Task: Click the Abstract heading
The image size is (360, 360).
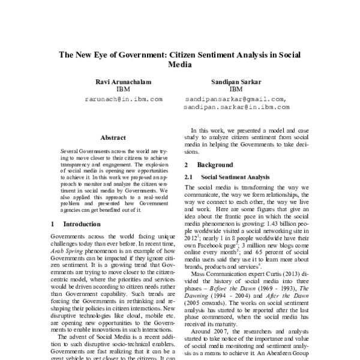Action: pos(112,137)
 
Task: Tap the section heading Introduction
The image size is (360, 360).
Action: pos(82,224)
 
